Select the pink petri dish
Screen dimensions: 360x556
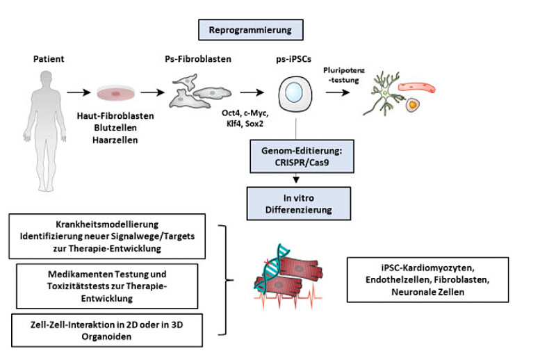pos(114,92)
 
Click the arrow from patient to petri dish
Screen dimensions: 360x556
pos(78,92)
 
